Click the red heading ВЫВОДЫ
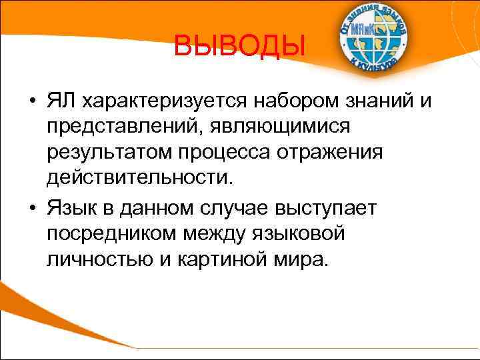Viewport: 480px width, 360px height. [239, 47]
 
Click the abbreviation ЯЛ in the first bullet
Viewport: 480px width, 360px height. [63, 102]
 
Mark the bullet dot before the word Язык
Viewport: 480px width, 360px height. [32, 208]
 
